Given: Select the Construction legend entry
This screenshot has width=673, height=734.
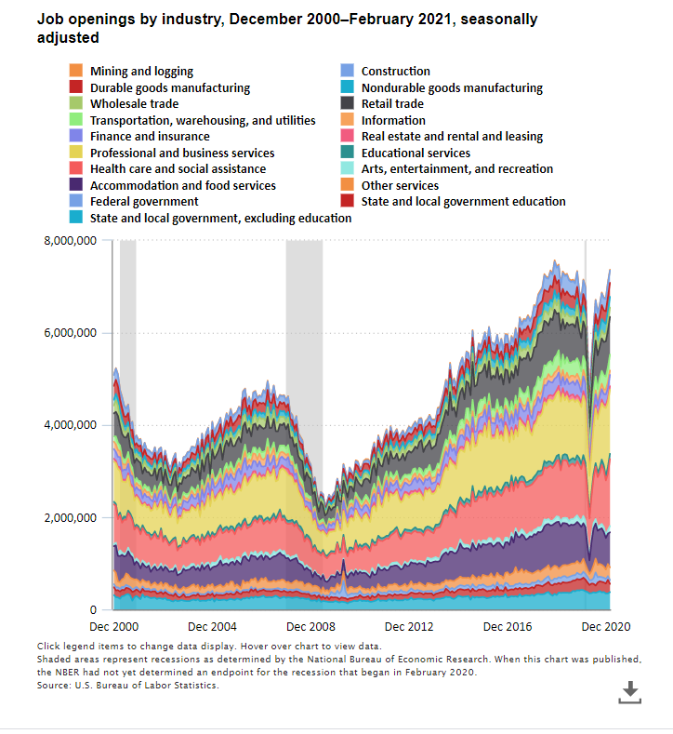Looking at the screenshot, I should (395, 72).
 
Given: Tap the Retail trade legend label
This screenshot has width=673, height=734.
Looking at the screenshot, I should (392, 104).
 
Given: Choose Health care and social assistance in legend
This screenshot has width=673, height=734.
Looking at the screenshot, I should (178, 169).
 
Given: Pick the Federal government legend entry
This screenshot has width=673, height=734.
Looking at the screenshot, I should (144, 202).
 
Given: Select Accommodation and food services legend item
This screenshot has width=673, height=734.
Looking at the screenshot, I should (182, 186).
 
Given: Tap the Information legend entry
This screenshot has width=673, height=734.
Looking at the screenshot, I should (393, 120).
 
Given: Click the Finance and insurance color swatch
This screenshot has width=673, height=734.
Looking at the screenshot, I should (76, 137).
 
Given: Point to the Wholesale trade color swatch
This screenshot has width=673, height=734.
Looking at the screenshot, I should (76, 104).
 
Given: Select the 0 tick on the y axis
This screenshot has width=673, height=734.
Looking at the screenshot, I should (92, 609).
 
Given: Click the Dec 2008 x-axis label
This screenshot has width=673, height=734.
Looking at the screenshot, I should (311, 626).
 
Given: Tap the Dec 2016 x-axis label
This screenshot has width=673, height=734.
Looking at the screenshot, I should (509, 626).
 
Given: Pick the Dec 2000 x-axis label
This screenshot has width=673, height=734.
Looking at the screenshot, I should (113, 626).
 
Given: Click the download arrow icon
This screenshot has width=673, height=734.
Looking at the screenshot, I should (629, 691).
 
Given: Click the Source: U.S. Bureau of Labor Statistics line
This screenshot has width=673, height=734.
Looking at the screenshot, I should (129, 685).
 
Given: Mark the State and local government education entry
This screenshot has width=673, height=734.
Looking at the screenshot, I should (463, 202).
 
